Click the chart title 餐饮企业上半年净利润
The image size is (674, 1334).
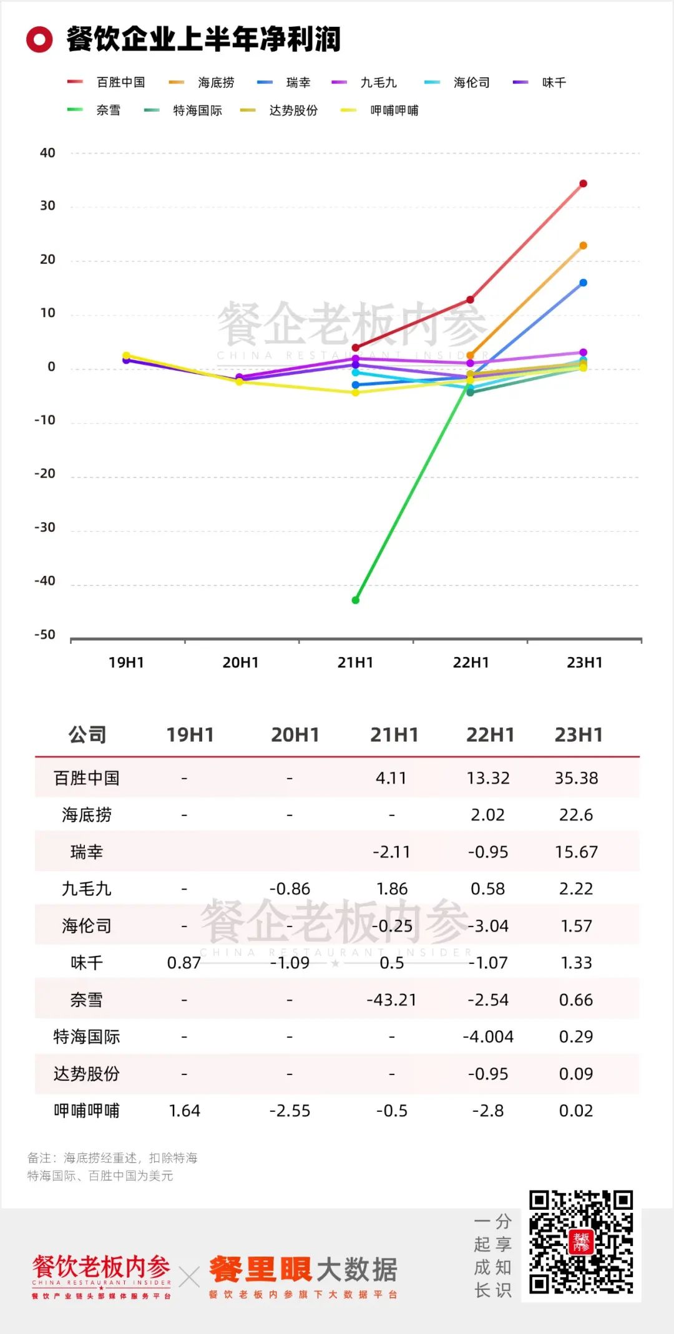click(x=203, y=39)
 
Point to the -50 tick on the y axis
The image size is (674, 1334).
click(x=45, y=635)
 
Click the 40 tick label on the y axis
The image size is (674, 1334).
click(x=47, y=153)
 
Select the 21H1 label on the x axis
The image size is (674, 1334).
click(x=355, y=663)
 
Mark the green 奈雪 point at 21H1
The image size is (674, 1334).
click(x=356, y=600)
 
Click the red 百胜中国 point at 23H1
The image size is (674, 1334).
click(x=583, y=183)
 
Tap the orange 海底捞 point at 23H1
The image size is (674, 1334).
click(x=583, y=246)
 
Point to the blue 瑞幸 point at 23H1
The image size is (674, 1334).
click(x=583, y=283)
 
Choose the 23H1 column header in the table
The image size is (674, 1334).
click(x=579, y=735)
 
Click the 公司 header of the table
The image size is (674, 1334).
click(x=87, y=735)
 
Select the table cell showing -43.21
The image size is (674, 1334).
click(x=391, y=1000)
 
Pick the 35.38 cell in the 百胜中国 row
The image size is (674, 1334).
click(x=576, y=778)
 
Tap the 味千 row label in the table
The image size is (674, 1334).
click(x=87, y=963)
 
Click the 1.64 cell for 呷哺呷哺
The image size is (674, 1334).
click(x=185, y=1111)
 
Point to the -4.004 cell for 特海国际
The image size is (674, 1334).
click(x=488, y=1037)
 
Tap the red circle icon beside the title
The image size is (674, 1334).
click(x=39, y=39)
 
